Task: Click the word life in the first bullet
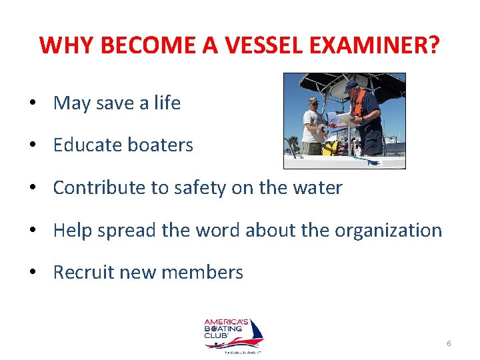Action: coord(167,103)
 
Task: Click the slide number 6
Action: coord(449,343)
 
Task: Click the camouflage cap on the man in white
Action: coord(313,101)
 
